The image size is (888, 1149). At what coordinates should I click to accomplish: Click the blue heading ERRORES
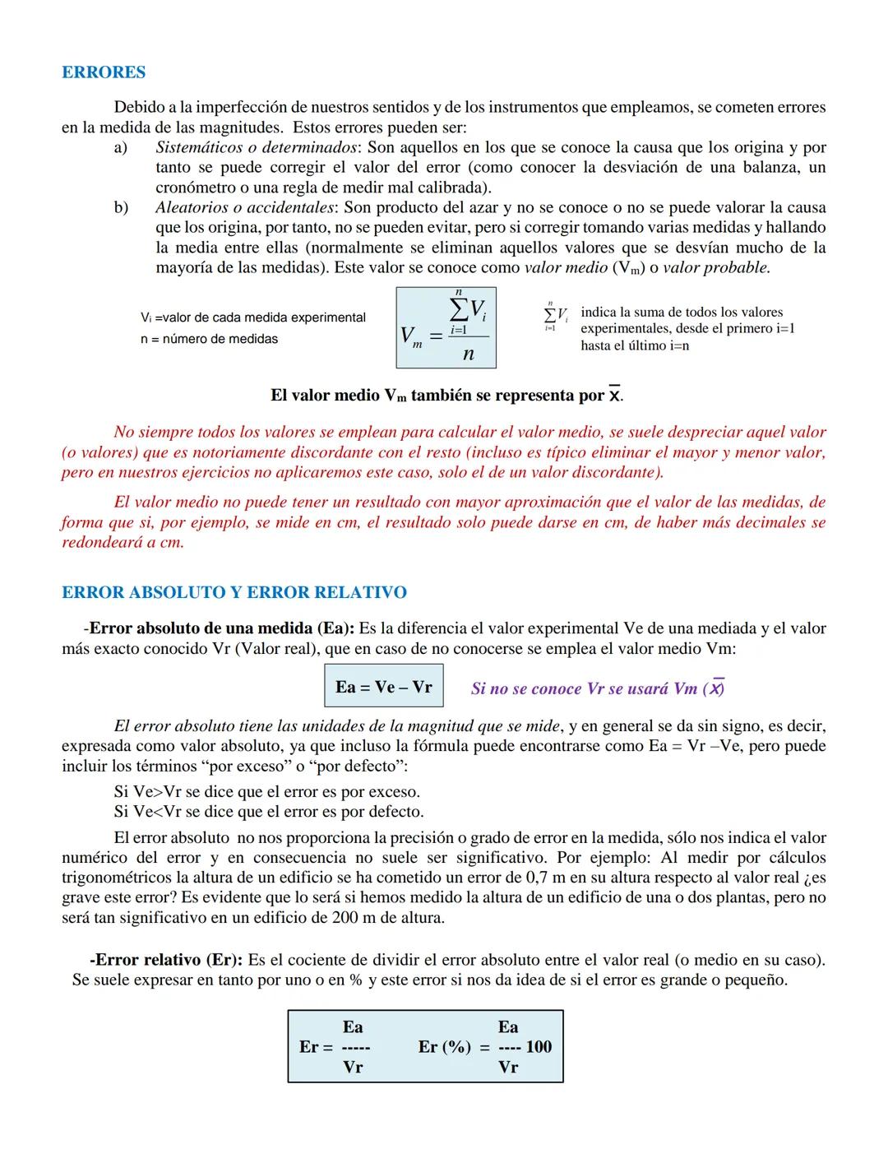click(x=104, y=72)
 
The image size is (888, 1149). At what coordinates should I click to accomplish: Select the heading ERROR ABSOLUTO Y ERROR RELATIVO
click(x=234, y=592)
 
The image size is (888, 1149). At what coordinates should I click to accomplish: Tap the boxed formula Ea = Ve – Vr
click(x=383, y=687)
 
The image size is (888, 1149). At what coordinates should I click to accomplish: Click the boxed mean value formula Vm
click(x=446, y=327)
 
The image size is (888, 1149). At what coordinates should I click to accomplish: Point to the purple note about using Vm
click(x=598, y=688)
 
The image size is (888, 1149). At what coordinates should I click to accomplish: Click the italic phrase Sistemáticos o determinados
click(x=257, y=147)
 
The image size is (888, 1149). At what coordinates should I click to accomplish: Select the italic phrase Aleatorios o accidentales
click(x=245, y=207)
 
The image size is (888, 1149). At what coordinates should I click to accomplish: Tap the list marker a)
click(x=121, y=147)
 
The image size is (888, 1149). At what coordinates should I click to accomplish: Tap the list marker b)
click(x=121, y=207)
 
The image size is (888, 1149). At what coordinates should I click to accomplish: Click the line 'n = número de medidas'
click(x=209, y=339)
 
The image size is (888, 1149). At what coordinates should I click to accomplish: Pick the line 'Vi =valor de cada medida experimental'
click(x=252, y=317)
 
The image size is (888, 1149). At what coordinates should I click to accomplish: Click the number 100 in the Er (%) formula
click(x=539, y=1047)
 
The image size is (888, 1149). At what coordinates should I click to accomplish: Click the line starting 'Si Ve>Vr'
click(x=267, y=791)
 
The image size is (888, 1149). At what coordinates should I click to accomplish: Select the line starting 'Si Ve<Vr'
click(x=269, y=812)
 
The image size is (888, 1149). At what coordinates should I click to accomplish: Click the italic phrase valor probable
click(x=716, y=267)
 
